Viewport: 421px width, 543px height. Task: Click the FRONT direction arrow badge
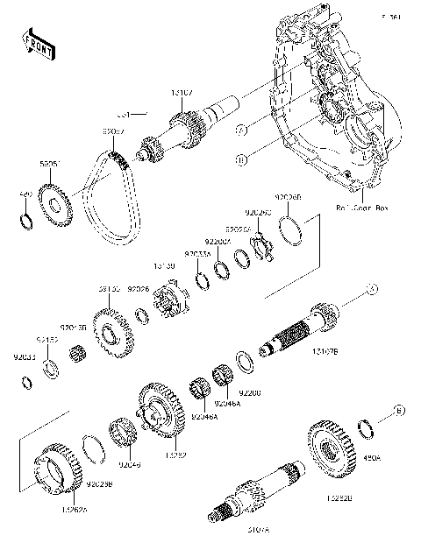coord(32,43)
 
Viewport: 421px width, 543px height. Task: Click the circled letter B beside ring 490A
coord(397,409)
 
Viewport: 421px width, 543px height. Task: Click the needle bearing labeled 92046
coord(120,433)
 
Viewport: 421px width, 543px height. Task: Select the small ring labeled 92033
coord(28,381)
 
